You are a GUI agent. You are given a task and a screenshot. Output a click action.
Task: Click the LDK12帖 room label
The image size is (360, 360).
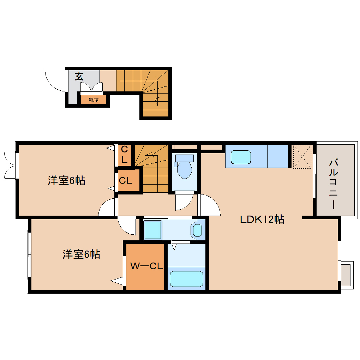(x=262, y=220)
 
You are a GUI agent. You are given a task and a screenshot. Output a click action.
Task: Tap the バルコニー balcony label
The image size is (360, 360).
(x=334, y=184)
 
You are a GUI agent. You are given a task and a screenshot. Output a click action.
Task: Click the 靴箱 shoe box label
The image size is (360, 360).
(x=94, y=100)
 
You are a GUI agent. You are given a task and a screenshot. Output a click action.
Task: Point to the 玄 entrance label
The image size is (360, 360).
(x=79, y=76)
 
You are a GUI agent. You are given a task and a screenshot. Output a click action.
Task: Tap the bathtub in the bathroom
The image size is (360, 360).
(x=186, y=278)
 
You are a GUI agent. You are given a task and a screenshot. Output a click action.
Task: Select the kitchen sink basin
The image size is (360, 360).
(x=240, y=157)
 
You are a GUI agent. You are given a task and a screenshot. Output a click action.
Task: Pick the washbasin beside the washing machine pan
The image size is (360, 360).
(x=197, y=230)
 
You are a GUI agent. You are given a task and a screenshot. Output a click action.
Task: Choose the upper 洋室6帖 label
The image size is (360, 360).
(x=67, y=181)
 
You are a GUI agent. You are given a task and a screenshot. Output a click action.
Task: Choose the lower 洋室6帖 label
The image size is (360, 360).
(x=81, y=254)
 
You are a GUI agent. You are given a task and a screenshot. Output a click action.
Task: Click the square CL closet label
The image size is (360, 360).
(x=125, y=181)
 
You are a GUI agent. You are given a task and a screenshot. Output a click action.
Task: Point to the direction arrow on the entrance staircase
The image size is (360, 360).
(x=157, y=100)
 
